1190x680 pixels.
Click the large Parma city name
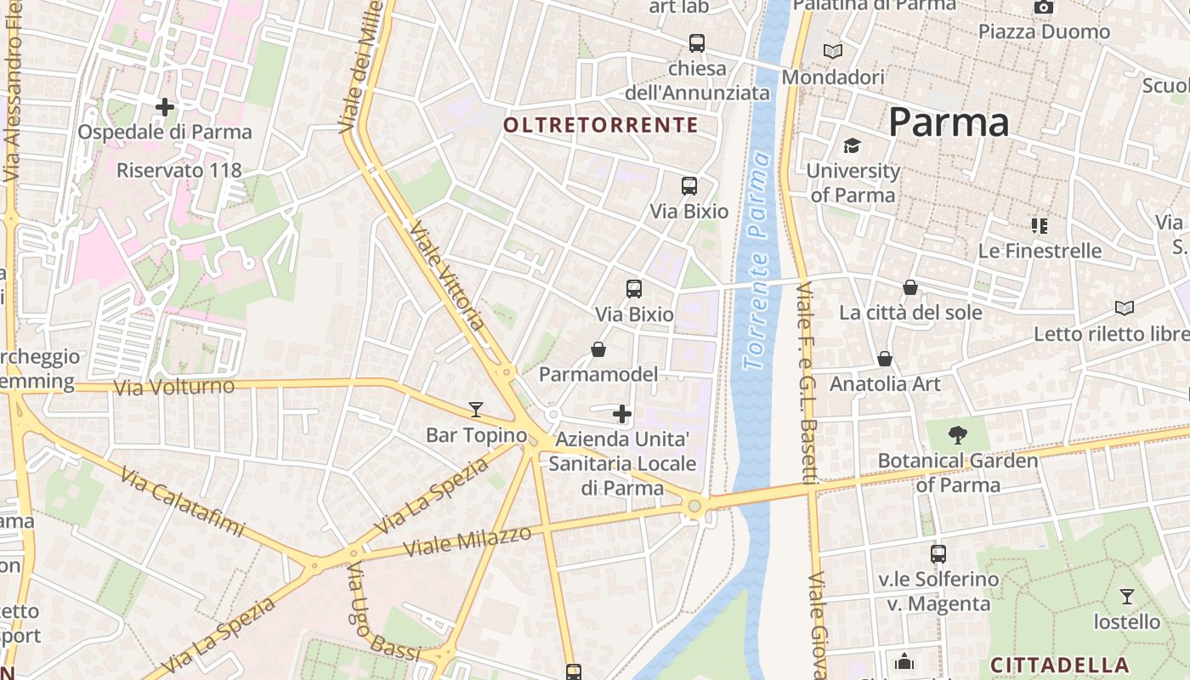[949, 123]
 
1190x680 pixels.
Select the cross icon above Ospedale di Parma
[165, 107]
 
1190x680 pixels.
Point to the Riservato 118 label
[178, 170]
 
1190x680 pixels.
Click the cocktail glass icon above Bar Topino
[476, 410]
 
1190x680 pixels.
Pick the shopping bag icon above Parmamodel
[598, 349]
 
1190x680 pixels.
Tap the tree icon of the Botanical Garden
[958, 435]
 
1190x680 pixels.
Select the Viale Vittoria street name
[447, 275]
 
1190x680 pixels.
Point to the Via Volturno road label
[174, 388]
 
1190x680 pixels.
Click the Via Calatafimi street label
[182, 501]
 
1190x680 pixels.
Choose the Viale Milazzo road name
[467, 541]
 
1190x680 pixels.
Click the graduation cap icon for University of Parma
[853, 146]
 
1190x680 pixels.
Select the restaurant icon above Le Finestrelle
[1039, 226]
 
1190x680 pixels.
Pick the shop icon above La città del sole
[910, 287]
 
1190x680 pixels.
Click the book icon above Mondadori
[833, 52]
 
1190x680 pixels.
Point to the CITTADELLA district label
[1060, 665]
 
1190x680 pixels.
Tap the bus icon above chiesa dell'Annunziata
[697, 42]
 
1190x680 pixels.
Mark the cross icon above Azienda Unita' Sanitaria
[622, 414]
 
